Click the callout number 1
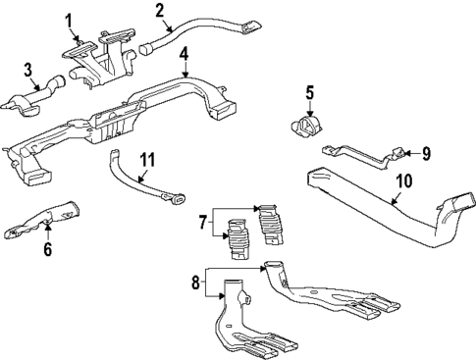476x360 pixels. [69, 20]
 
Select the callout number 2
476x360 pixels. [159, 11]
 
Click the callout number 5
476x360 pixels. [308, 94]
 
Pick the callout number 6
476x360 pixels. [46, 251]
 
